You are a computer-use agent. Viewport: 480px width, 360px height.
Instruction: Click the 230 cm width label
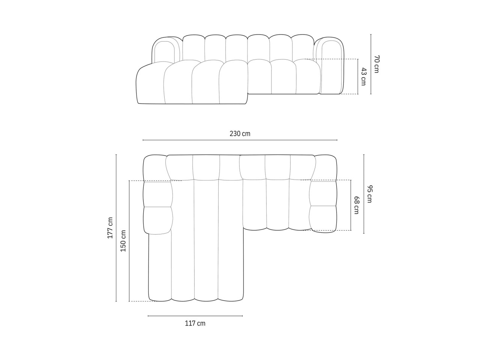(240, 133)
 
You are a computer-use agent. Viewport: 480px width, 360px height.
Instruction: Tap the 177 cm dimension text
(110, 228)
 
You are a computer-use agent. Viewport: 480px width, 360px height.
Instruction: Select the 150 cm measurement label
(123, 241)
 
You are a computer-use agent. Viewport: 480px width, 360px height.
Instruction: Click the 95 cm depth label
(369, 194)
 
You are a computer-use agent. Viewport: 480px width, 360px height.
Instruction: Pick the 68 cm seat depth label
(357, 205)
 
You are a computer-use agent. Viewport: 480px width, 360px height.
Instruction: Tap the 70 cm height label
(376, 64)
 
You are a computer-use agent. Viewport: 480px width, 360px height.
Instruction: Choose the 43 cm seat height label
(363, 76)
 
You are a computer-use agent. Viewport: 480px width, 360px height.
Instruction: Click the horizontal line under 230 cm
(240, 140)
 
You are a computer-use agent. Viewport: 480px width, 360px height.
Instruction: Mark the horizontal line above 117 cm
(195, 316)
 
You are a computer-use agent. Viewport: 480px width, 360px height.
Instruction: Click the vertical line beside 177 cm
(116, 228)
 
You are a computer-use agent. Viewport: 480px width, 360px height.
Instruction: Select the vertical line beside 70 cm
(371, 64)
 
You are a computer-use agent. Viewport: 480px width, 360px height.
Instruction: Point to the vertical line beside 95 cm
(364, 194)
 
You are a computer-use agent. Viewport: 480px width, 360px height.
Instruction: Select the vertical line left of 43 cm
(358, 76)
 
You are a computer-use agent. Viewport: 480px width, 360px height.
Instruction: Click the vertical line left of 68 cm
(351, 205)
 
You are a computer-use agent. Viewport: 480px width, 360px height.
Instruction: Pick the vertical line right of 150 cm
(129, 241)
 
